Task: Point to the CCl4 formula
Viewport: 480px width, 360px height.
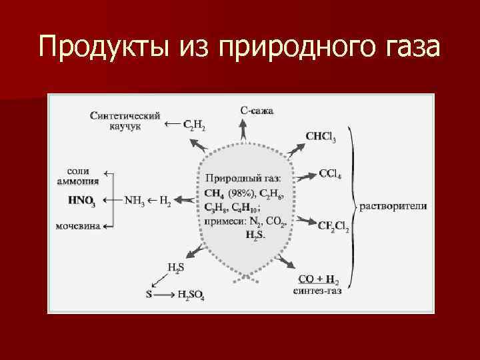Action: point(330,174)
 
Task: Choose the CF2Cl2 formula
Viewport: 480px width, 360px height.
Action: point(333,226)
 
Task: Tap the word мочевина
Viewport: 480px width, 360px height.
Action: point(79,226)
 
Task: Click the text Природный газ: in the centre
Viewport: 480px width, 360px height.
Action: point(243,178)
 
